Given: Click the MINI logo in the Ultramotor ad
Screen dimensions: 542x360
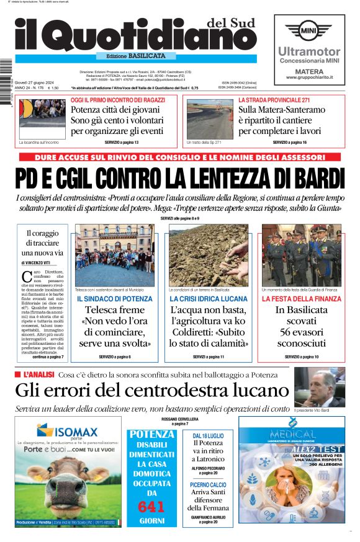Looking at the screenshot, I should (x=309, y=30).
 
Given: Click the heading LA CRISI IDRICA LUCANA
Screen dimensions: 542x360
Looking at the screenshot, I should (x=208, y=299).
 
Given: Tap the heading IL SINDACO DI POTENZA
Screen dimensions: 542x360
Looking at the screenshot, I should (x=114, y=299).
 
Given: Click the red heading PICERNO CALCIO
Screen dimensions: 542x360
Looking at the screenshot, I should (x=208, y=484).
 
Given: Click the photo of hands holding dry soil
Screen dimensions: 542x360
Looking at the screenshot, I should (x=208, y=254).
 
